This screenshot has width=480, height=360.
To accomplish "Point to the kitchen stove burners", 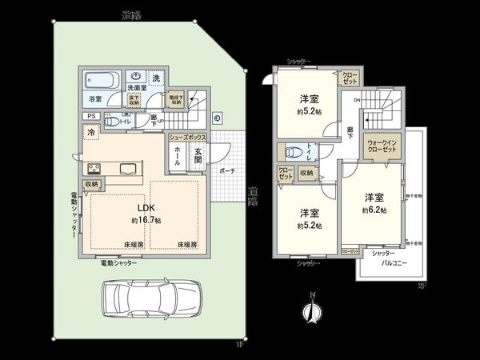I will pos(92,168).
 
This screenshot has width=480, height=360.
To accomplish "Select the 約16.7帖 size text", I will pos(146,219).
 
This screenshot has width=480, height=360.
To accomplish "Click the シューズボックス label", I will pos(188,138).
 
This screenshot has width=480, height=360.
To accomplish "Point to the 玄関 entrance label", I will pos(198,158).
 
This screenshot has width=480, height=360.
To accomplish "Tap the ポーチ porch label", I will pos(227,170).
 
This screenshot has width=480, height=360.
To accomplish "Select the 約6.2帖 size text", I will pos(373,210).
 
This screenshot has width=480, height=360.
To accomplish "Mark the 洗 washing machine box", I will pos(156,77).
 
